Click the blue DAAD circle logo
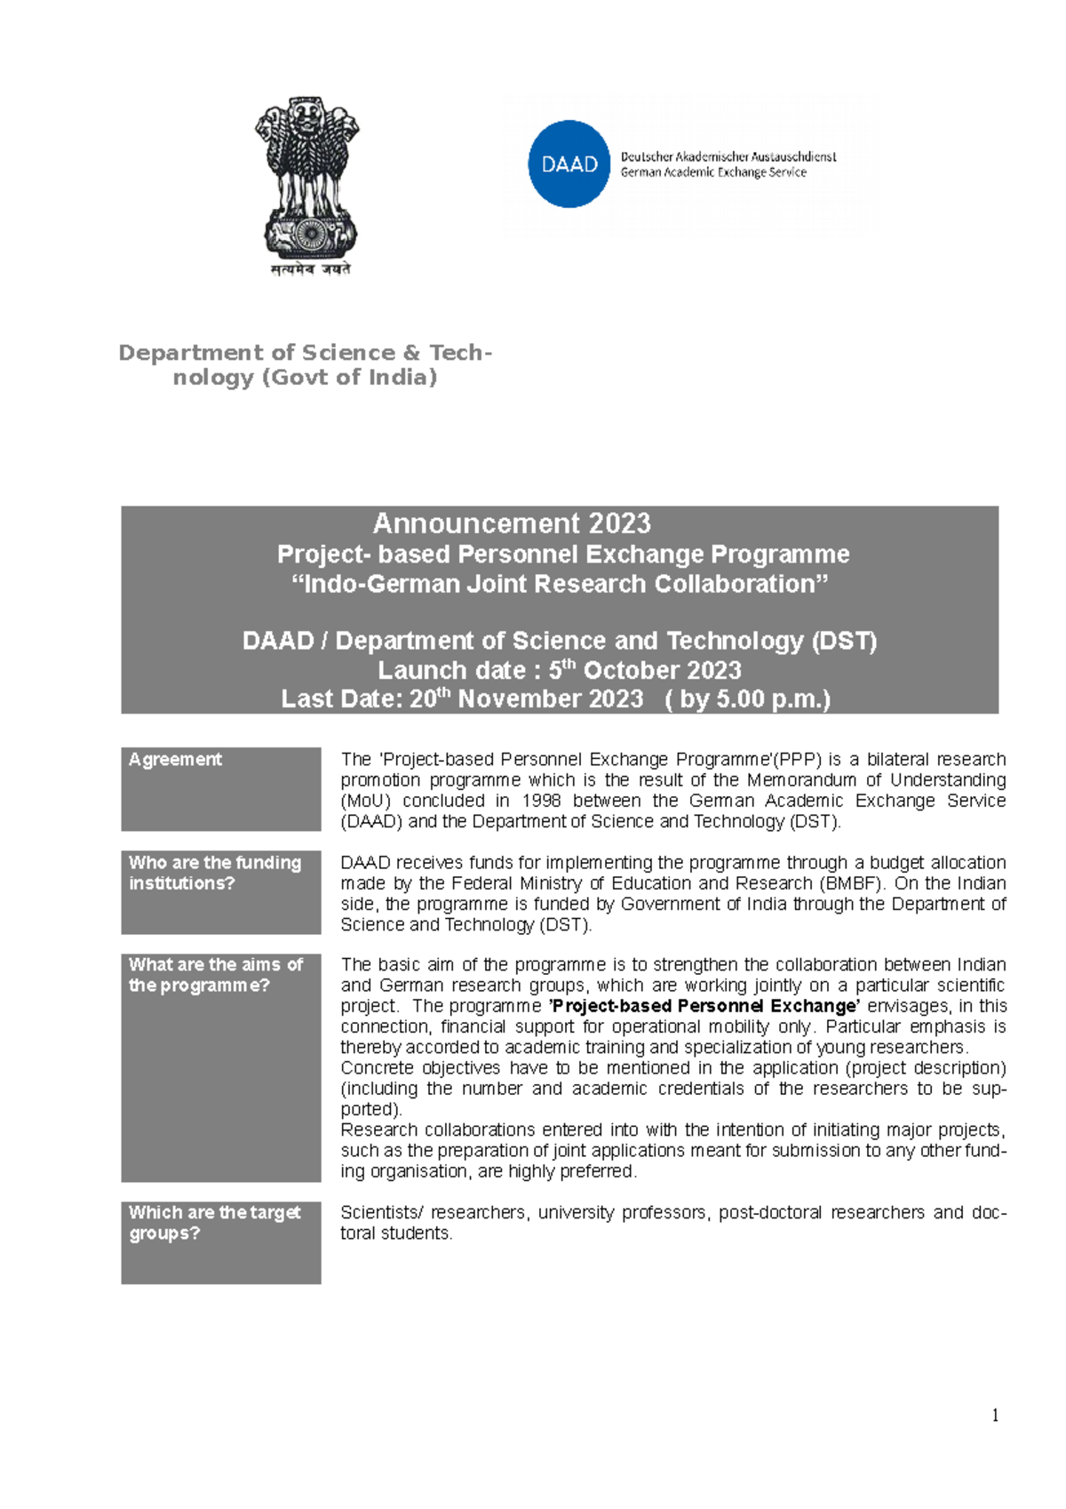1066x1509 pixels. pyautogui.click(x=569, y=164)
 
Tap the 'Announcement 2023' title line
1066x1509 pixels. pyautogui.click(x=512, y=523)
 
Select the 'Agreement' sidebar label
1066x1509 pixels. pyautogui.click(x=175, y=760)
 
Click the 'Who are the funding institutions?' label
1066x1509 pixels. pyautogui.click(x=215, y=873)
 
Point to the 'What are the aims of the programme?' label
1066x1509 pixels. pyautogui.click(x=215, y=975)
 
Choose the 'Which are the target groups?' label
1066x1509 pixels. pyautogui.click(x=214, y=1223)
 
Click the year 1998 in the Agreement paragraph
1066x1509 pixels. pyautogui.click(x=541, y=801)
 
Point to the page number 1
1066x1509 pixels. pyautogui.click(x=995, y=1416)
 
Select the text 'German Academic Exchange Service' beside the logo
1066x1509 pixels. pyautogui.click(x=713, y=172)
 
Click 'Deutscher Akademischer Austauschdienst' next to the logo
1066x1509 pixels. pyautogui.click(x=728, y=156)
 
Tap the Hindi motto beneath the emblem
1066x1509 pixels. pyautogui.click(x=311, y=269)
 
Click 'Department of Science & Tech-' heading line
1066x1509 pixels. pyautogui.click(x=305, y=353)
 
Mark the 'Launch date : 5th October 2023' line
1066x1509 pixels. pyautogui.click(x=560, y=670)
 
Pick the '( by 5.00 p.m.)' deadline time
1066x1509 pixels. pyautogui.click(x=747, y=699)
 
